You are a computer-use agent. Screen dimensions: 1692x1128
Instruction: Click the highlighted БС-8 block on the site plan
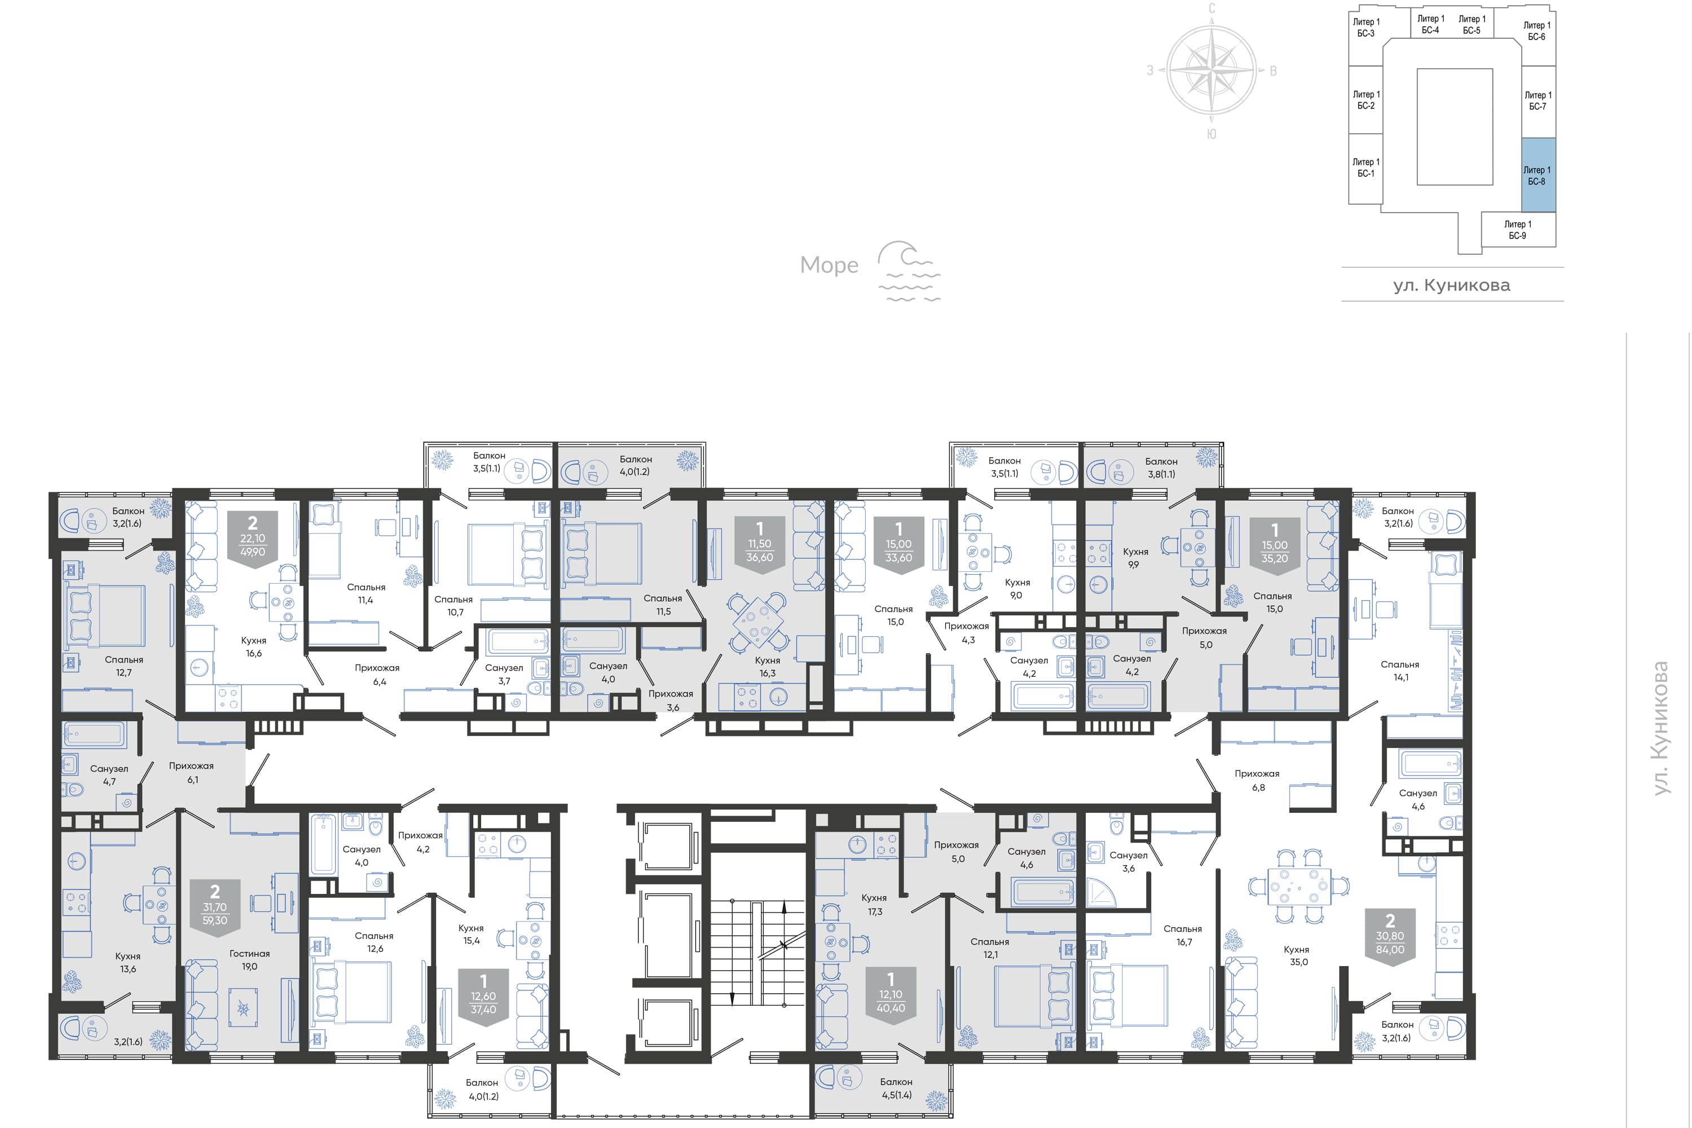point(1538,175)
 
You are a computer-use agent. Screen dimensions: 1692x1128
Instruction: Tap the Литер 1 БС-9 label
point(1517,230)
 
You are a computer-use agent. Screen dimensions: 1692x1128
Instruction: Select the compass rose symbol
point(1211,70)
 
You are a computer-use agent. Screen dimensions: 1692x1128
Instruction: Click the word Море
point(829,266)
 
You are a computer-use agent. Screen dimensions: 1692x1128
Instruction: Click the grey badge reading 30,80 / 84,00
point(1390,937)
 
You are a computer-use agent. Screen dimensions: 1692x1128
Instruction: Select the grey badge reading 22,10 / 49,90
point(253,540)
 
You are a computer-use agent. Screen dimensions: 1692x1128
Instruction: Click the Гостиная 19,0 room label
point(250,960)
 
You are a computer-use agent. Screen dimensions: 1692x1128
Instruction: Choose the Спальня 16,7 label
point(1183,935)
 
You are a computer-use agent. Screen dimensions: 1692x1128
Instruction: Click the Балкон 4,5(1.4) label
point(896,1089)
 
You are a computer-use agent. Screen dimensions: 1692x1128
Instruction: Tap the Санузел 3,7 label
point(504,674)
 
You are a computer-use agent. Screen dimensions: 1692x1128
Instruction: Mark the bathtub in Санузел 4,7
point(94,734)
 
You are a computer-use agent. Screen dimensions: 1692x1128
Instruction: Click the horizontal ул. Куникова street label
point(1452,285)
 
